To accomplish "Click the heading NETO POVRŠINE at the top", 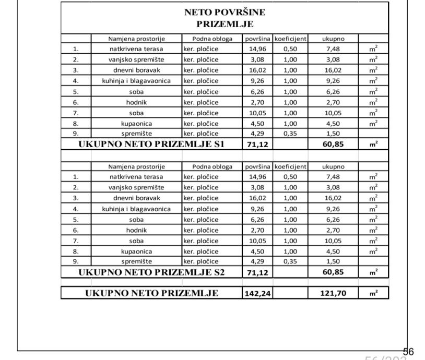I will tap(225, 13).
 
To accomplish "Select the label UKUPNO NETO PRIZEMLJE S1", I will tap(151, 145).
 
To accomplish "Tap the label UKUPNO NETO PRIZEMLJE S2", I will tap(151, 272).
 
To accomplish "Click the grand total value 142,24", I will tap(257, 294).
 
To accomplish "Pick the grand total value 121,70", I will tap(333, 294).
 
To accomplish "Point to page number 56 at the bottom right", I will tap(408, 352).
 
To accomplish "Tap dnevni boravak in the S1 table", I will tap(136, 70).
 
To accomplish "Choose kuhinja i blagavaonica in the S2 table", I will tap(136, 209).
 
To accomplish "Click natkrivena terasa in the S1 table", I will tap(136, 49).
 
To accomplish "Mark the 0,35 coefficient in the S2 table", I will tap(290, 261).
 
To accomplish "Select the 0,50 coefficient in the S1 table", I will tap(290, 49).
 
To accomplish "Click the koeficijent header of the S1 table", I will tap(290, 39).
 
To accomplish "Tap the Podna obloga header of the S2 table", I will tap(212, 166).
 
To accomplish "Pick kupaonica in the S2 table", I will tap(136, 251).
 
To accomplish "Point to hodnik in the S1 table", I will tap(136, 102).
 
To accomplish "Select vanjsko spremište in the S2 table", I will tap(136, 187).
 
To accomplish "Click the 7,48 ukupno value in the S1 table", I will tap(333, 49).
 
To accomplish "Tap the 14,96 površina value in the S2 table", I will tap(257, 177).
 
